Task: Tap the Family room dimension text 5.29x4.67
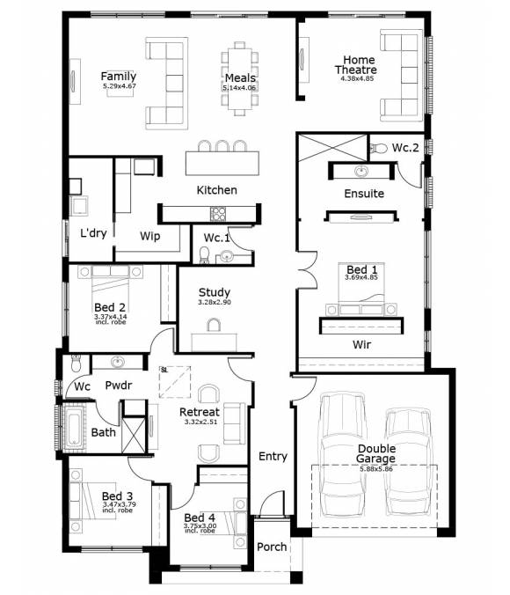tap(119, 86)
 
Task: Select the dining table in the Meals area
tap(240, 78)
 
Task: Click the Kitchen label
tap(216, 189)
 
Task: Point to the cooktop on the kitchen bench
tap(217, 212)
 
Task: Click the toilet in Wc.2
tap(378, 149)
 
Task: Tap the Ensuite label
tap(364, 193)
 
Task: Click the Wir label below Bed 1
tap(361, 345)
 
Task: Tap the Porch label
tap(272, 547)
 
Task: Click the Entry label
tap(273, 456)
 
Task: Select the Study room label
tap(214, 292)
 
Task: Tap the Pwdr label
tap(118, 385)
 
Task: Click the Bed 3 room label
tap(116, 496)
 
